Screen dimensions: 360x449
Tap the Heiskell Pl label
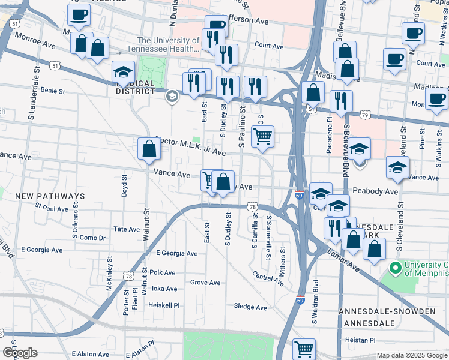pos(164,305)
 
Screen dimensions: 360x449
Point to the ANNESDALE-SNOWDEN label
pos(387,311)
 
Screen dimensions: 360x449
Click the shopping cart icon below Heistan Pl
pos(304,349)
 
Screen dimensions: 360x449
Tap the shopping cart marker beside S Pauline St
pos(262,137)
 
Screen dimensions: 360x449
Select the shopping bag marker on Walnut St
pos(149,149)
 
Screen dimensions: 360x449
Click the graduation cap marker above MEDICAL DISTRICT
pos(123,73)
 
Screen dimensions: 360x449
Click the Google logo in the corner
pos(20,353)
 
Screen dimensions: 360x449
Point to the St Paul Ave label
pos(52,209)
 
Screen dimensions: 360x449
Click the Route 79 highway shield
pos(364,115)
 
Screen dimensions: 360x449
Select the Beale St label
pos(52,91)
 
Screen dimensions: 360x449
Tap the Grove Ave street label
pos(205,283)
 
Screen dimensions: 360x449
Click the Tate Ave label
pos(127,229)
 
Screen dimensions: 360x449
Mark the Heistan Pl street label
pos(360,340)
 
